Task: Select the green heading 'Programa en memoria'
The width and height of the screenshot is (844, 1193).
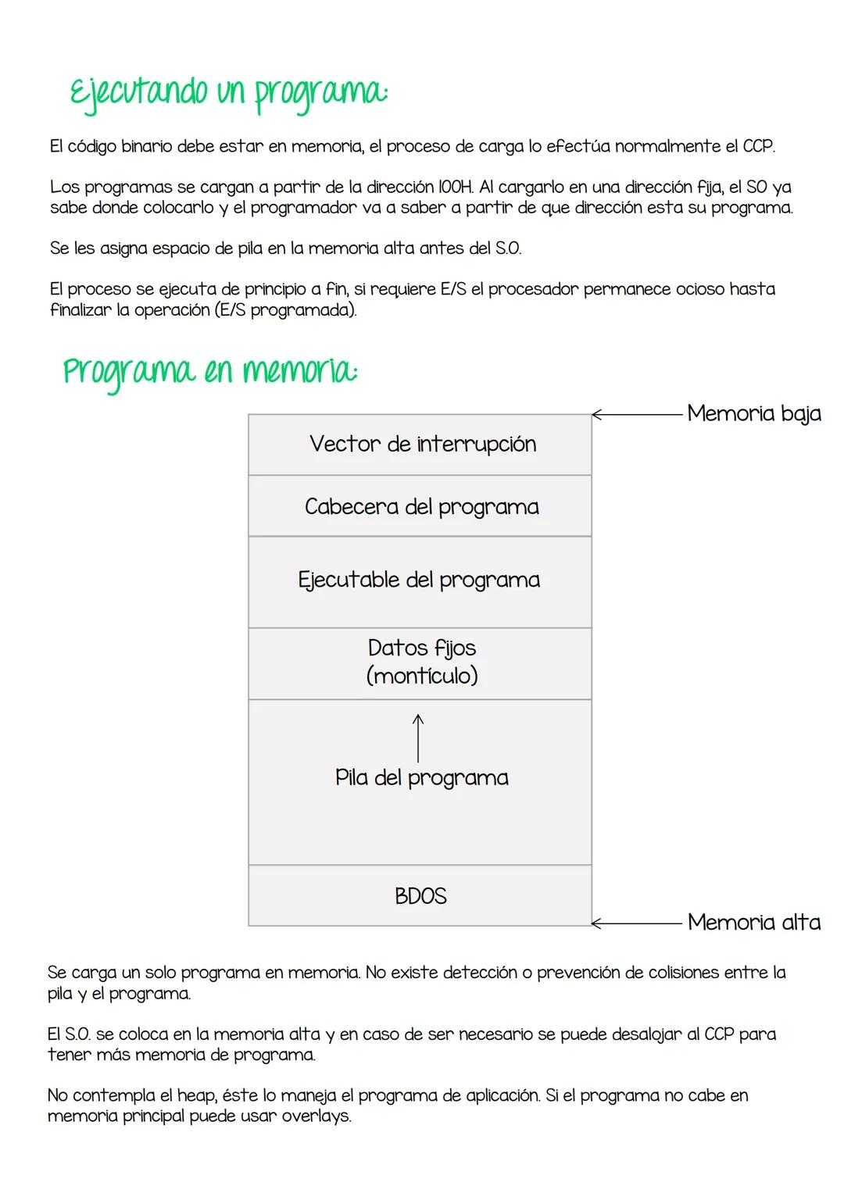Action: point(209,370)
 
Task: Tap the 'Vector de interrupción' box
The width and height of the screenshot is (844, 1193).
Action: point(420,445)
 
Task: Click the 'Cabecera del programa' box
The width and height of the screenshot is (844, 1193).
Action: point(420,506)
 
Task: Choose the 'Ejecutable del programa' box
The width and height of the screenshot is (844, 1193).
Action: point(420,580)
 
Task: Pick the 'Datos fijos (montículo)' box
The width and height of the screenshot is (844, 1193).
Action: point(420,662)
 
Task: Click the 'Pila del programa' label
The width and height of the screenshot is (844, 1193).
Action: point(421,778)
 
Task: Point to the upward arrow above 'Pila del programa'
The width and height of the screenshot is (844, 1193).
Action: point(419,738)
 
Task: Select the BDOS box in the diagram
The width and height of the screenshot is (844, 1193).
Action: point(420,895)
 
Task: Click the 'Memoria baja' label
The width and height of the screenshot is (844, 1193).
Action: point(753,413)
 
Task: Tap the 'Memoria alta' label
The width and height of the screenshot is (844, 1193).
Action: point(753,923)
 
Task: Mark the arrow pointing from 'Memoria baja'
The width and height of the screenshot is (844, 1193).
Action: point(637,415)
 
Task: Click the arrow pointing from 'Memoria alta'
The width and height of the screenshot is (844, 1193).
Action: point(637,923)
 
